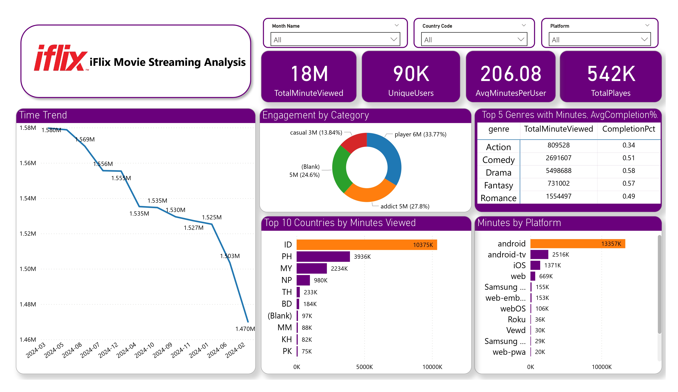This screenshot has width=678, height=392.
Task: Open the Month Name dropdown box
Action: click(x=335, y=40)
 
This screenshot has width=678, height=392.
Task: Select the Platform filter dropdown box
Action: click(x=599, y=40)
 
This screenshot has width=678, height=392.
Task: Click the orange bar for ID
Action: click(x=366, y=245)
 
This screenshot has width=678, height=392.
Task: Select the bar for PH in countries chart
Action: click(x=323, y=256)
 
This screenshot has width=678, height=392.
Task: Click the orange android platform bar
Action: click(x=577, y=244)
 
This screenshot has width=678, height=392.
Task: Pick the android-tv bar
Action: click(x=539, y=254)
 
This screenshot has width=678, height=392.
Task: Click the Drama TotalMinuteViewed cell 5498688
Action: click(x=558, y=171)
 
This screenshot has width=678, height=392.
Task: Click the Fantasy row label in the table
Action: click(x=498, y=185)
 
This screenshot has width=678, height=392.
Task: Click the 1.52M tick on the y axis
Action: click(x=28, y=234)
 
